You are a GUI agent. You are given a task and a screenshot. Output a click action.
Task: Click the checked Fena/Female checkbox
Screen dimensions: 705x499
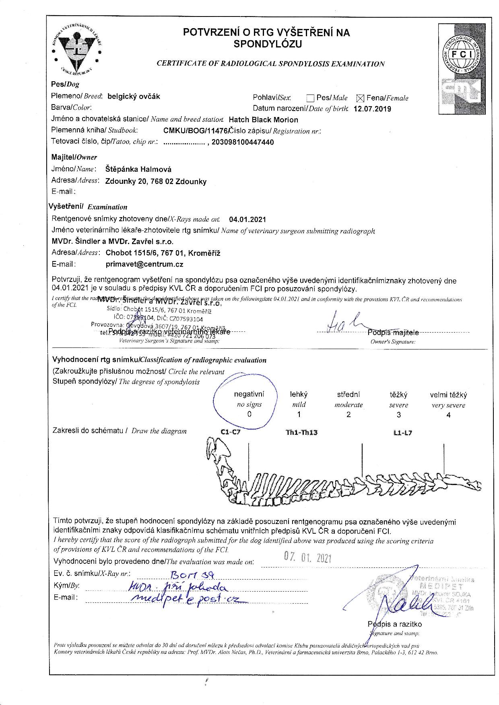coord(360,98)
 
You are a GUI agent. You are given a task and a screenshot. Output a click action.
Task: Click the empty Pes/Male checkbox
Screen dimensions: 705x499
coord(310,98)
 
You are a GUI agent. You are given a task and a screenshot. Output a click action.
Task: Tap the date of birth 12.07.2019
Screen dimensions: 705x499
coord(372,109)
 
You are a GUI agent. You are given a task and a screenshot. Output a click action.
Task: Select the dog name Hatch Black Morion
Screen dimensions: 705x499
coord(263,119)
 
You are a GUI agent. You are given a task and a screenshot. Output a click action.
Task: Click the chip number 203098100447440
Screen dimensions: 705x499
coord(242,142)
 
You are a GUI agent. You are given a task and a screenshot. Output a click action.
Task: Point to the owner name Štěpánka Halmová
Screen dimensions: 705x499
coord(138,169)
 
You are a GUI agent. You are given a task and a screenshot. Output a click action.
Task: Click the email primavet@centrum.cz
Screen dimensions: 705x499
coord(144,264)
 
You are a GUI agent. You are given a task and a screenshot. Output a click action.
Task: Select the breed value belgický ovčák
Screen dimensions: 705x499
coord(134,96)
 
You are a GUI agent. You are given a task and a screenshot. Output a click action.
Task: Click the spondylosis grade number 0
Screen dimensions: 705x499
coord(249,414)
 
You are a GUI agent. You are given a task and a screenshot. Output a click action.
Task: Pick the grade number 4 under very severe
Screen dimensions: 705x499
coord(448,415)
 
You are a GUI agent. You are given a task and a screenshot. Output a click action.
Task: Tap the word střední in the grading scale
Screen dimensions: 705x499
coord(348,395)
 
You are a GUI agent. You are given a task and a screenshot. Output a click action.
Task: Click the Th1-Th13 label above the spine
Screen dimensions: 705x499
coord(301,433)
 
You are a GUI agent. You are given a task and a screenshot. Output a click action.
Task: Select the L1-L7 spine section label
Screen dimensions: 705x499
coord(403,433)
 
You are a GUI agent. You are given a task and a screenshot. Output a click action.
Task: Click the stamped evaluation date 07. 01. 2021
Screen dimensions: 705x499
coord(307,557)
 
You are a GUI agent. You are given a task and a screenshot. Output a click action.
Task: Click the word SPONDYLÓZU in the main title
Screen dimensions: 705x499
coord(268,44)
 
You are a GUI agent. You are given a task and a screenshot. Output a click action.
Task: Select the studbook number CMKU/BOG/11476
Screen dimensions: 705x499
coord(196,130)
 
